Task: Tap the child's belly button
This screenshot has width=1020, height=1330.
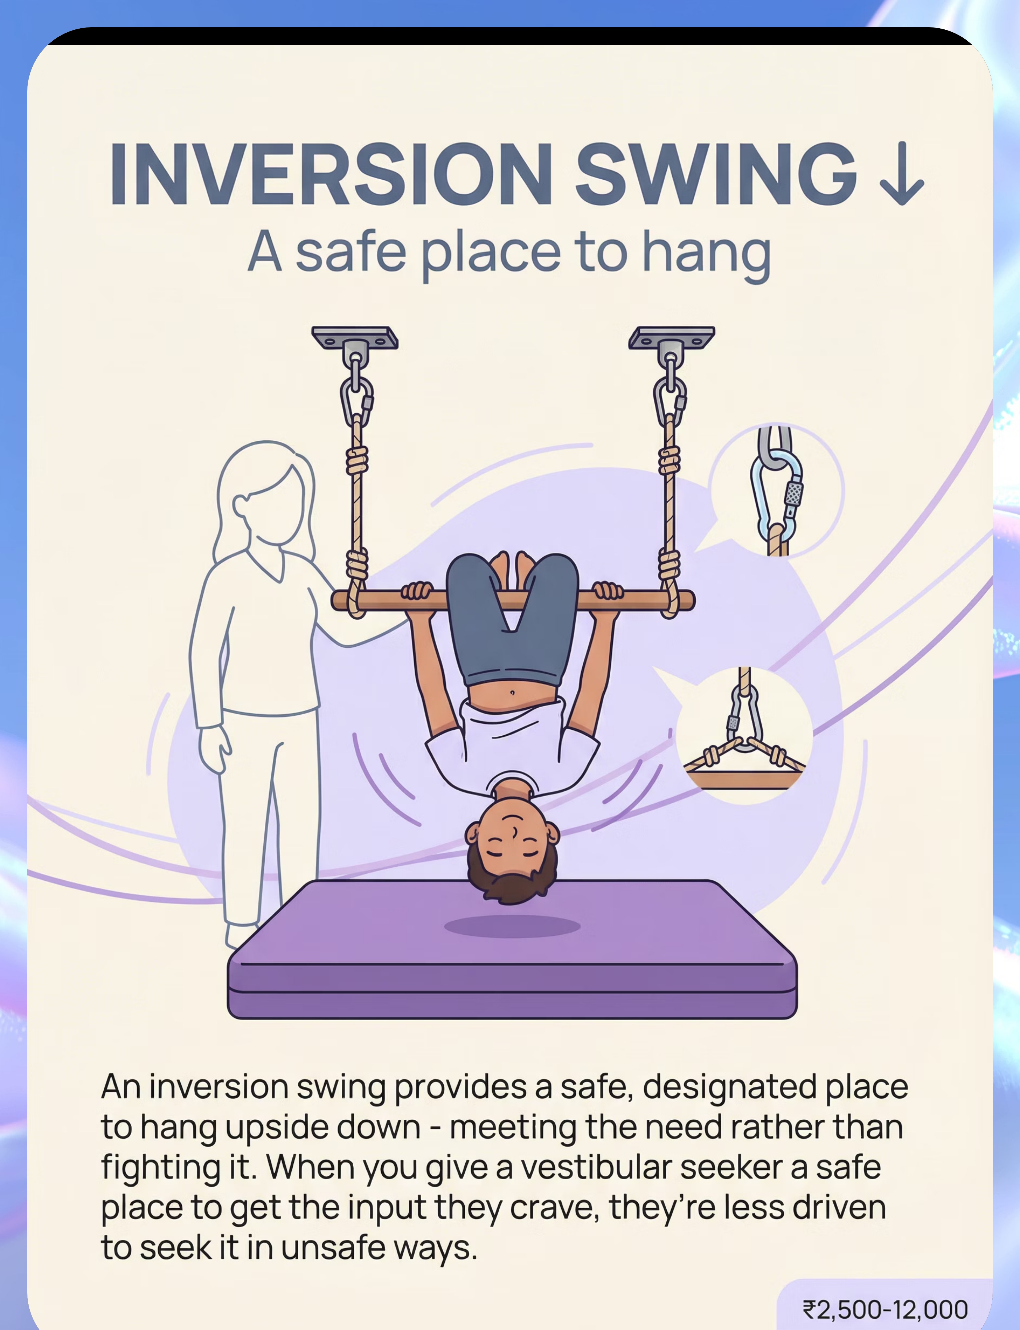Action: pos(512,692)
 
